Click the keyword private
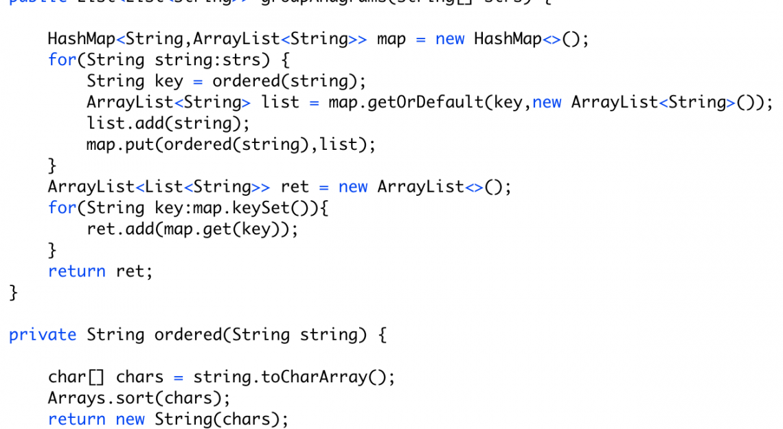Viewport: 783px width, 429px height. pos(43,335)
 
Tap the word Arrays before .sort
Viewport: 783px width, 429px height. pos(76,398)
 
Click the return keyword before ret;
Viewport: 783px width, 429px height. pos(76,272)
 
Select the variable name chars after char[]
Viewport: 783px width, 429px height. pos(139,377)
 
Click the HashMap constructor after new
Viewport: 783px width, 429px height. pos(508,39)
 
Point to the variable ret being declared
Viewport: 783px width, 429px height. pos(295,187)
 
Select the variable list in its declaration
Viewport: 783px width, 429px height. pos(280,102)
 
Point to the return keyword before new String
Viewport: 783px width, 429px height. pos(76,419)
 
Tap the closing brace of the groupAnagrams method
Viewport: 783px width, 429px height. pos(13,293)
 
